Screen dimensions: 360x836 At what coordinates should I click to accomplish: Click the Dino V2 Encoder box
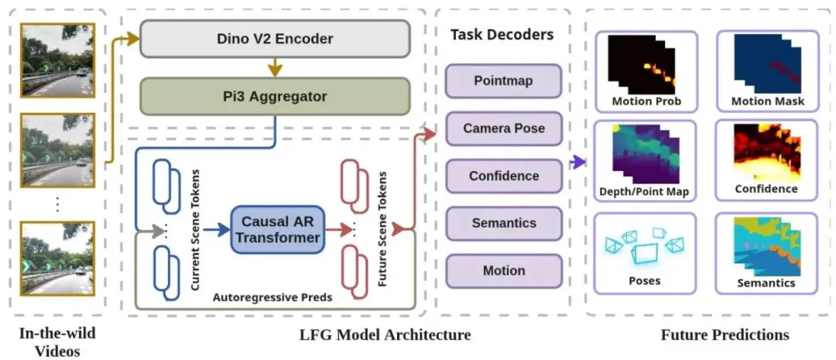coord(275,38)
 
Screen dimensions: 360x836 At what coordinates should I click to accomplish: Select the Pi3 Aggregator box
coord(275,98)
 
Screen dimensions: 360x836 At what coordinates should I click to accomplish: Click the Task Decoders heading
coord(502,34)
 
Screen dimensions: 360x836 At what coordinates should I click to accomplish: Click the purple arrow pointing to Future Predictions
coord(577,162)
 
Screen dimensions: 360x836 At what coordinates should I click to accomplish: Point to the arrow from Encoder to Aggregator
coord(275,67)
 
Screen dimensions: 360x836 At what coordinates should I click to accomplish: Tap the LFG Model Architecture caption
coord(385,335)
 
